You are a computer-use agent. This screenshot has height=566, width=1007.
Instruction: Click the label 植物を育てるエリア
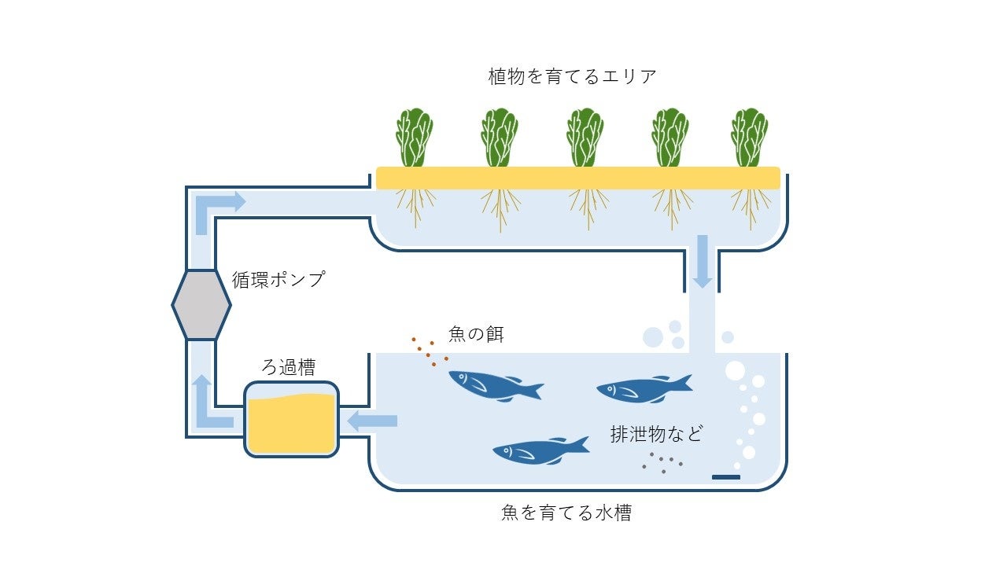(x=572, y=77)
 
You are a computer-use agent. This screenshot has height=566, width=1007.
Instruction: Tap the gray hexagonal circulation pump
(x=201, y=305)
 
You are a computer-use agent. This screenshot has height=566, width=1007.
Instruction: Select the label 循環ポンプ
(x=278, y=279)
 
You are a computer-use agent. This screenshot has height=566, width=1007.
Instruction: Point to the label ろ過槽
(x=288, y=367)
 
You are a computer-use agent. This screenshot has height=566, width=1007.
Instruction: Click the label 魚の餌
(x=475, y=334)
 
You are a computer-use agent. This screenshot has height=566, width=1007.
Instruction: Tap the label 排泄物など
(x=656, y=434)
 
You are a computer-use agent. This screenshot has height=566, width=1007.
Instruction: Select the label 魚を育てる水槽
(x=566, y=513)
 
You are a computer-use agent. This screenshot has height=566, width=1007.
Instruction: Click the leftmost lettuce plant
(x=414, y=138)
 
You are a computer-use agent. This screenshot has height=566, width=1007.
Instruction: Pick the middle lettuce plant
(x=585, y=138)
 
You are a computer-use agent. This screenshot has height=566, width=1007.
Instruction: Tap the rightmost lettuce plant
(x=749, y=138)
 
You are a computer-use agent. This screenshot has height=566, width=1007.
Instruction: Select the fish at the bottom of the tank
(x=540, y=450)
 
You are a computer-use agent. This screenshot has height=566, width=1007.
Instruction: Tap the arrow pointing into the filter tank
(x=371, y=421)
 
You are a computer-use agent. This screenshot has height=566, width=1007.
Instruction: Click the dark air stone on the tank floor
(x=725, y=477)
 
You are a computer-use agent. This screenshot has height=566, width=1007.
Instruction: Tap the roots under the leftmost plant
(x=415, y=206)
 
